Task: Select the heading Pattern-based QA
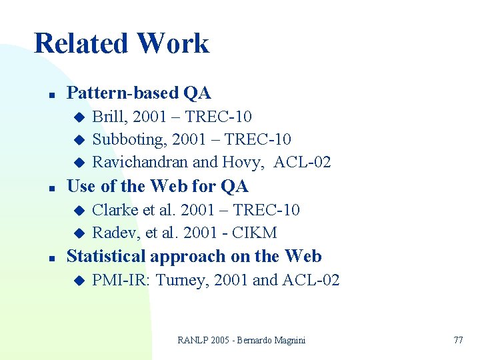pos(139,93)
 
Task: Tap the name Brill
pos(109,117)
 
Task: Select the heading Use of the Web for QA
pos(157,186)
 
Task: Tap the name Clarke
pos(113,210)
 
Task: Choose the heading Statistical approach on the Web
pos(194,257)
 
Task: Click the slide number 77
pos(458,340)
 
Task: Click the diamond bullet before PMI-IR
pos(78,281)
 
